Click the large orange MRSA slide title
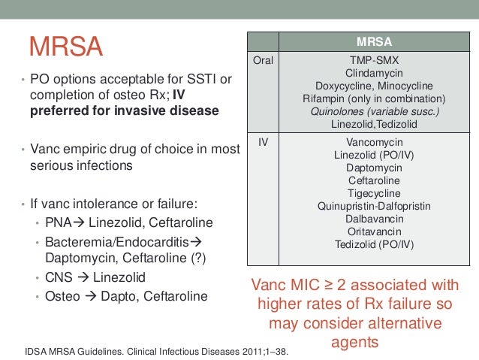coord(65,47)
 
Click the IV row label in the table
coord(263,141)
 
